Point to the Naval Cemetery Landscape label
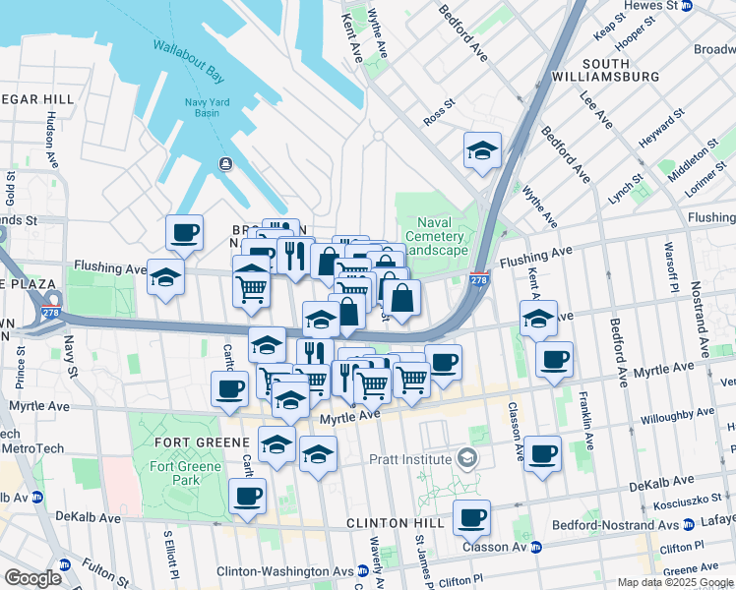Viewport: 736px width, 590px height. [434, 236]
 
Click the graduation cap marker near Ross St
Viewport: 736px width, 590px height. [482, 151]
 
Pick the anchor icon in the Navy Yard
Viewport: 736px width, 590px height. [226, 163]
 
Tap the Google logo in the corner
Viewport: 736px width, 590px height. [31, 578]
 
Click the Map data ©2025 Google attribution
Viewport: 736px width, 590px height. [674, 582]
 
